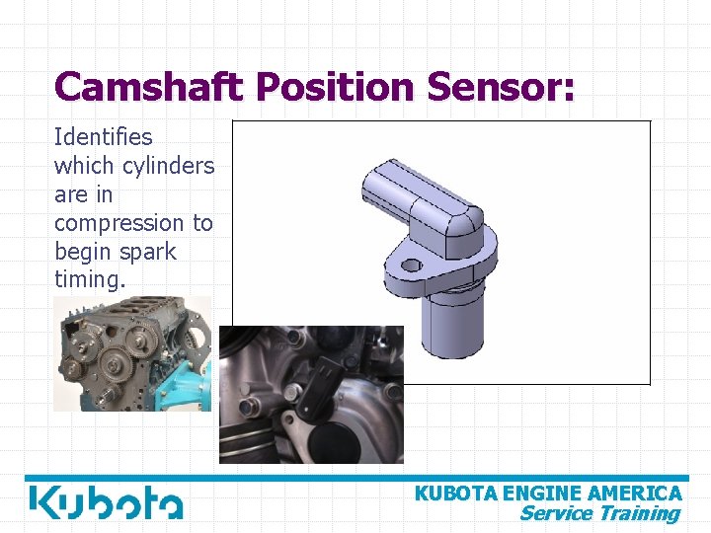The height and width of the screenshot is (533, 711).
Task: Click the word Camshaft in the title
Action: click(149, 87)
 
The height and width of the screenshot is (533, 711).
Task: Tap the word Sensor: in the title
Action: click(500, 87)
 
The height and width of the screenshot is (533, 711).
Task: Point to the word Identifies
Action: click(103, 137)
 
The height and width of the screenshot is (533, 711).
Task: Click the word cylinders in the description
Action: click(167, 166)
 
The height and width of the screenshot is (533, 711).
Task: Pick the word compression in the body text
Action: click(119, 223)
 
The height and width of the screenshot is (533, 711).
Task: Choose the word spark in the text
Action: click(148, 252)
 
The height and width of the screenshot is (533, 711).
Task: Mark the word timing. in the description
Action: click(90, 280)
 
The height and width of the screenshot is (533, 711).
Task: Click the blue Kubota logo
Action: click(106, 502)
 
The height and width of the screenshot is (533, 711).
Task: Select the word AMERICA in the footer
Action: click(635, 494)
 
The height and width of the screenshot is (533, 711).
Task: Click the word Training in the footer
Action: click(639, 513)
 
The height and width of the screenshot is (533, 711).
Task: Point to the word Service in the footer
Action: click(556, 513)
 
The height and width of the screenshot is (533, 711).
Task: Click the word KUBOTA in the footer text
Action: click(456, 494)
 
